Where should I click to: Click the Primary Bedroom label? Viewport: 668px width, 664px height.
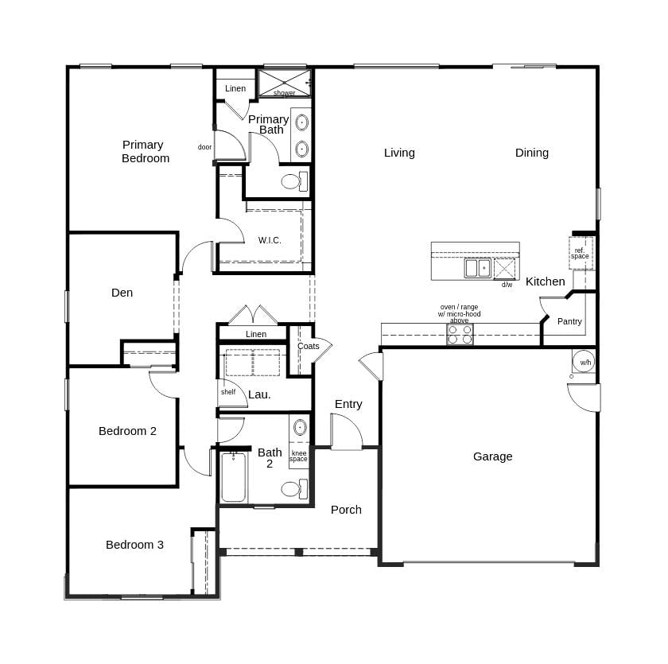pyautogui.click(x=145, y=151)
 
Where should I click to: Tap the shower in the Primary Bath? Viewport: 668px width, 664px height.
pyautogui.click(x=284, y=83)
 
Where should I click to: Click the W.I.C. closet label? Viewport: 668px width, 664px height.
pyautogui.click(x=270, y=240)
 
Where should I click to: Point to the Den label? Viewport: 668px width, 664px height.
pyautogui.click(x=122, y=293)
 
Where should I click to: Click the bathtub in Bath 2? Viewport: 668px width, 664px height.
pyautogui.click(x=233, y=478)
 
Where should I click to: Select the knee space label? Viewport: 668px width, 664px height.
pyautogui.click(x=298, y=456)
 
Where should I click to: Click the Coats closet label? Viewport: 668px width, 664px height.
pyautogui.click(x=308, y=346)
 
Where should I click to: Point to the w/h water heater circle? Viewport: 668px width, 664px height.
pyautogui.click(x=584, y=362)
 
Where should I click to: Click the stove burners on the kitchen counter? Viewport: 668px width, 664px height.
pyautogui.click(x=460, y=334)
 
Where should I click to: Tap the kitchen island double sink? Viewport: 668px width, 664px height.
pyautogui.click(x=477, y=268)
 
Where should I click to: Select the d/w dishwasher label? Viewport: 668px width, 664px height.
pyautogui.click(x=507, y=284)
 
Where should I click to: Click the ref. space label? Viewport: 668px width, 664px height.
pyautogui.click(x=581, y=254)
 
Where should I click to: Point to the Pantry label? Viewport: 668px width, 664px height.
pyautogui.click(x=569, y=321)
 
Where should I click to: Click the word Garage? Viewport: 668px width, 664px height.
pyautogui.click(x=492, y=456)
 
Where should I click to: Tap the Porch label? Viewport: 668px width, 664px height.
pyautogui.click(x=346, y=510)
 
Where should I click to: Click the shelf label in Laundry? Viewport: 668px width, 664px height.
pyautogui.click(x=228, y=392)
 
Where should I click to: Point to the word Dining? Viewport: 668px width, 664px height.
pyautogui.click(x=531, y=153)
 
